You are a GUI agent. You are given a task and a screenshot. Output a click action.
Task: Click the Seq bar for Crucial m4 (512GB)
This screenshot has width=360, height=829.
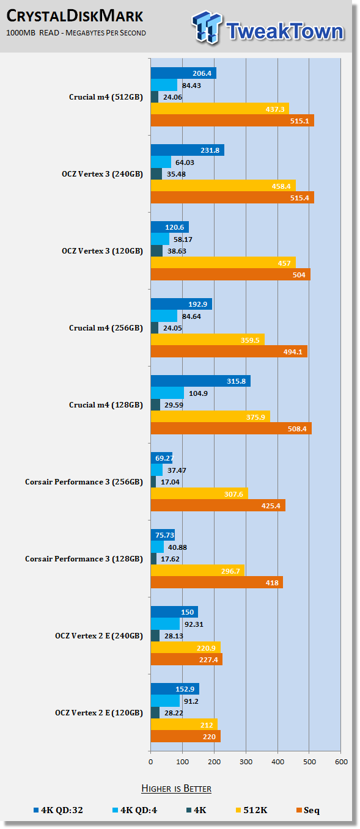232,120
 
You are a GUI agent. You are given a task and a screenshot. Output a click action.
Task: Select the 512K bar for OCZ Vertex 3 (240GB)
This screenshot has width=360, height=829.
223,186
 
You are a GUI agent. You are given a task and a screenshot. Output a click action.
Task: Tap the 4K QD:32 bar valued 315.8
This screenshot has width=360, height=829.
200,381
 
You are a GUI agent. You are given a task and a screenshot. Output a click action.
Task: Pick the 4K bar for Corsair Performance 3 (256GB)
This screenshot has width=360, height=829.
153,482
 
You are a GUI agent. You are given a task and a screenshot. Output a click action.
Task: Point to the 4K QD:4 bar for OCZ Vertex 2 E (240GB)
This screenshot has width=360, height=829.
165,624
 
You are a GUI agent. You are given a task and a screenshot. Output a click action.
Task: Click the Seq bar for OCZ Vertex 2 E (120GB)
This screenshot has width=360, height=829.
186,737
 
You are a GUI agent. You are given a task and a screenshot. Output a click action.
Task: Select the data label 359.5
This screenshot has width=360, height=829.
250,340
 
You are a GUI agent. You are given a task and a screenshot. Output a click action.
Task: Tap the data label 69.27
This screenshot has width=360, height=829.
164,458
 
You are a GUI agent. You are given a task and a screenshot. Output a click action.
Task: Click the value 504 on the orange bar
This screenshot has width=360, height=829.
299,275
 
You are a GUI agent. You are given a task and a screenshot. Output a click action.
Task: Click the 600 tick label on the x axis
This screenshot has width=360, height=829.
341,762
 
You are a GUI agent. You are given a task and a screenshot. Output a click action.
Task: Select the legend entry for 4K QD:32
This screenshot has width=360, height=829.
58,810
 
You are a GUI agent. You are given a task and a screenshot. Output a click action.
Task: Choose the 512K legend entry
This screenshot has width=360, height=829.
251,810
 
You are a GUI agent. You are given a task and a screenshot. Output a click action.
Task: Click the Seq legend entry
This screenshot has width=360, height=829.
308,810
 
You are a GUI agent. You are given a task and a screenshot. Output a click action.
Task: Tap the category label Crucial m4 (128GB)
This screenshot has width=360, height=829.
106,405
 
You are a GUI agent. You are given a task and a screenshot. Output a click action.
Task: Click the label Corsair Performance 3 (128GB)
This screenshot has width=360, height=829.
84,559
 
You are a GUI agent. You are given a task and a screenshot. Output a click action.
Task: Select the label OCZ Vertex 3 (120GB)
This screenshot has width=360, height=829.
102,251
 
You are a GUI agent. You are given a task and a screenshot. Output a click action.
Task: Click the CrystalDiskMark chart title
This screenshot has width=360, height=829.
75,16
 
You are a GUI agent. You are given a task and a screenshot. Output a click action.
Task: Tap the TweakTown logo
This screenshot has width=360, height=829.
268,28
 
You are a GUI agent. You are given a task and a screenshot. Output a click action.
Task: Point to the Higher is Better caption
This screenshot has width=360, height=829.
176,788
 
